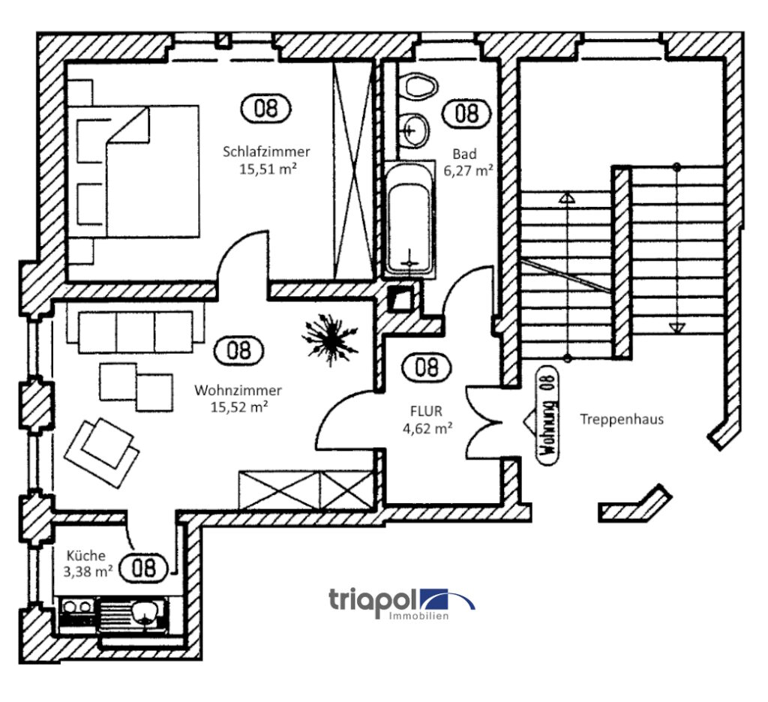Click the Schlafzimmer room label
265,151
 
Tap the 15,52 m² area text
238,406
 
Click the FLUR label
427,411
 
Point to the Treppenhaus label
622,420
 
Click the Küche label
85,556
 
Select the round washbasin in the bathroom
413,130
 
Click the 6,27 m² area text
468,170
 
